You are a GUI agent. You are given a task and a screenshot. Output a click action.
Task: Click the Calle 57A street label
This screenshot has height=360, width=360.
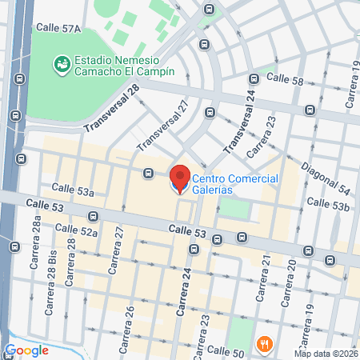(x=59, y=28)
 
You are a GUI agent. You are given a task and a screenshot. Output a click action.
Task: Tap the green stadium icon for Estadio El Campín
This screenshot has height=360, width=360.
(x=60, y=62)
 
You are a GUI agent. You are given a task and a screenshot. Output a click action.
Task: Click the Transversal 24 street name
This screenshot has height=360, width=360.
(x=240, y=120)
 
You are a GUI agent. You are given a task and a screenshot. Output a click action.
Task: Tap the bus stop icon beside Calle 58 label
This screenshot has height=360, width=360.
(x=254, y=79)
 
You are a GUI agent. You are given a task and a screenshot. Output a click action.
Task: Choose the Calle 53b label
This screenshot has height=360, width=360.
(x=330, y=205)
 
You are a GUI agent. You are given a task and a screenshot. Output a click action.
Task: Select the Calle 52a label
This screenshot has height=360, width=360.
(x=77, y=232)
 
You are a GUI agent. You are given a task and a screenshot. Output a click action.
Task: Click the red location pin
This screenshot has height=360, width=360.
(x=179, y=178)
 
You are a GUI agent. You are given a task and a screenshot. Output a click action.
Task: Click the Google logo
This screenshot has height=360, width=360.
(x=26, y=350)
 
